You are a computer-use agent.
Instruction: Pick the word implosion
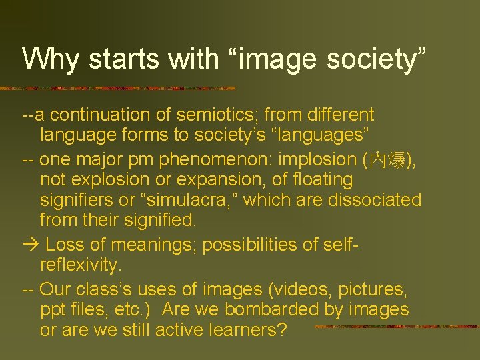pyautogui.click(x=319, y=160)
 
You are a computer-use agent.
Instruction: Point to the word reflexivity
pyautogui.click(x=81, y=265)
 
